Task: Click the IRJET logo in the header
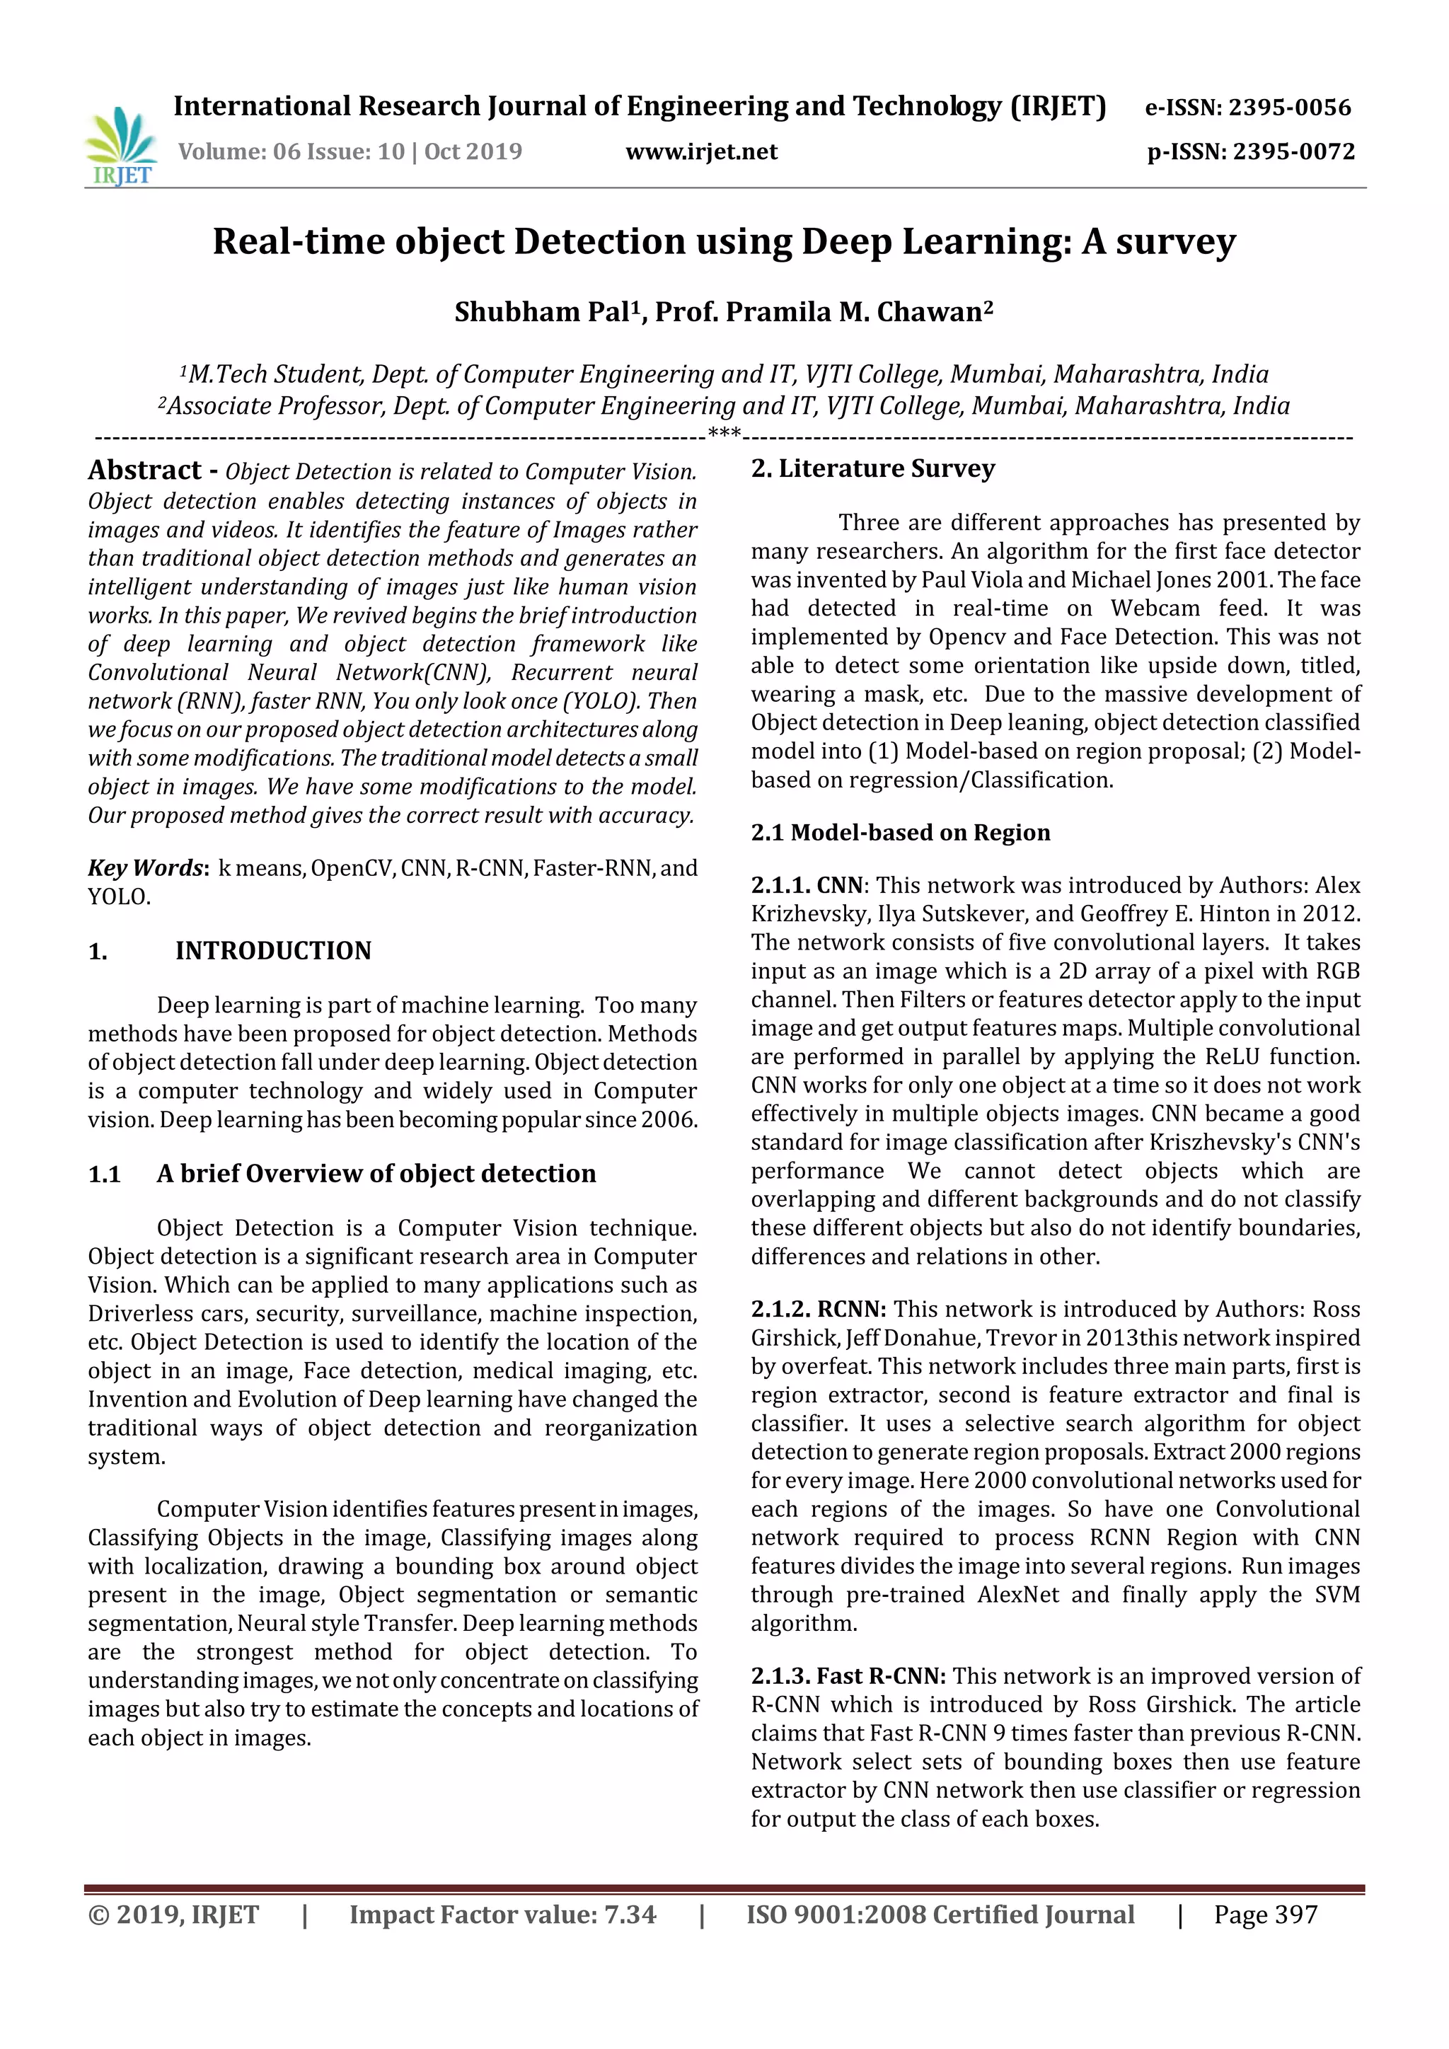[122, 146]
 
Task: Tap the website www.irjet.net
[701, 151]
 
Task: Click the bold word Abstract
[144, 471]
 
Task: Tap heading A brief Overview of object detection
[376, 1174]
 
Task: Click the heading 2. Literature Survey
[872, 468]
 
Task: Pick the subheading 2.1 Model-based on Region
[900, 832]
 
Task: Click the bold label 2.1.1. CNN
[807, 885]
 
